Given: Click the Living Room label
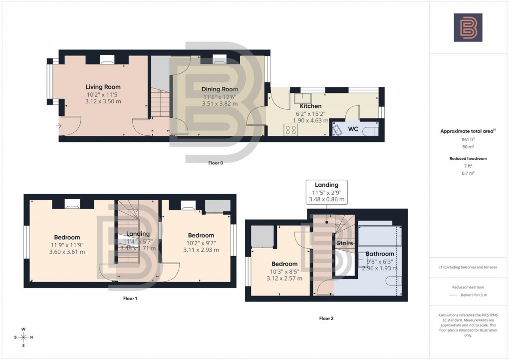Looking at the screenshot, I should (103, 87).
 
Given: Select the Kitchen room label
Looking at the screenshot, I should (310, 106).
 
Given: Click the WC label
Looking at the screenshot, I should (353, 129).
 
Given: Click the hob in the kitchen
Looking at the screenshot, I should (290, 130).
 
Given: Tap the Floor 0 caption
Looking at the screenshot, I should (216, 163).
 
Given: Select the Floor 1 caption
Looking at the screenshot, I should (130, 299).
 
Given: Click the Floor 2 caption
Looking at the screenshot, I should (326, 318).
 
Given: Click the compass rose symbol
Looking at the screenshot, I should (23, 338).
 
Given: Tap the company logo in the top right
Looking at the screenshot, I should (468, 27).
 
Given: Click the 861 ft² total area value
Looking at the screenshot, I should (468, 139).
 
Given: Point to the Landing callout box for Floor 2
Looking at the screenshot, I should (326, 192).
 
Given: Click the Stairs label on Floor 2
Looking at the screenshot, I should (344, 244).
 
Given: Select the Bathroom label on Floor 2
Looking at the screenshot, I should (380, 254).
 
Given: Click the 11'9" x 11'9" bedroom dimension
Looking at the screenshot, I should (67, 245).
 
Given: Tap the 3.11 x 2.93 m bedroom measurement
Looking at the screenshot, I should (201, 250).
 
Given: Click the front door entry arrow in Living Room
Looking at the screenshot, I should (60, 126).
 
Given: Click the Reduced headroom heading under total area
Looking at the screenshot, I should (468, 158).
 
